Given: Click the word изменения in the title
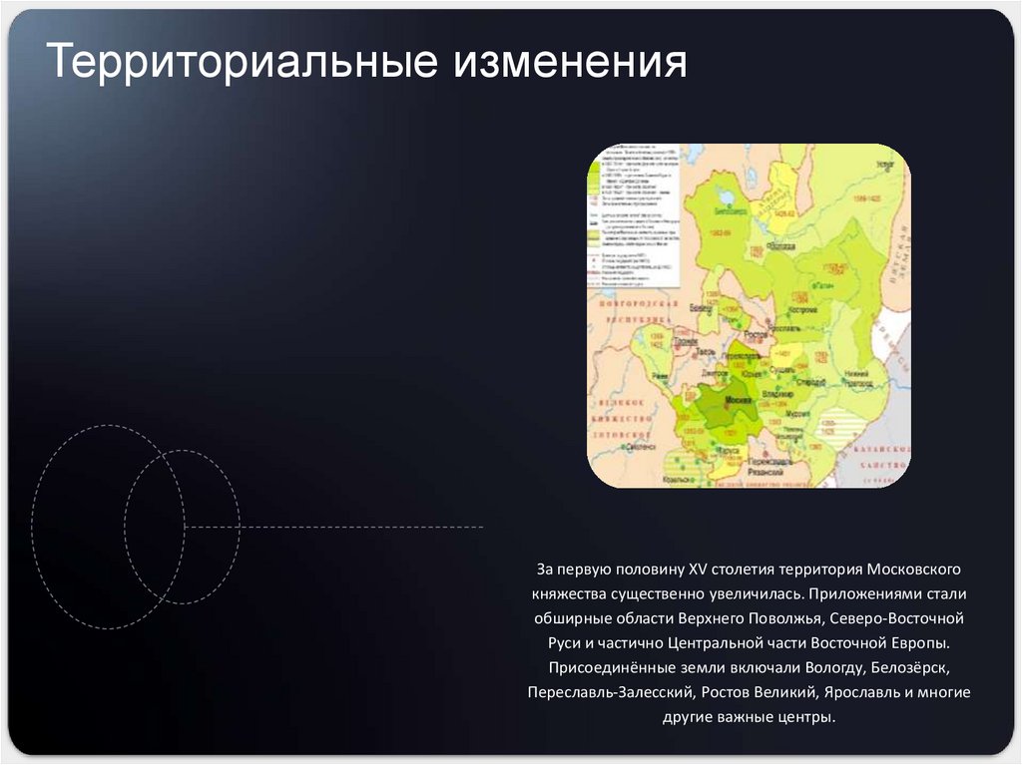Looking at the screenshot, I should pyautogui.click(x=572, y=62).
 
